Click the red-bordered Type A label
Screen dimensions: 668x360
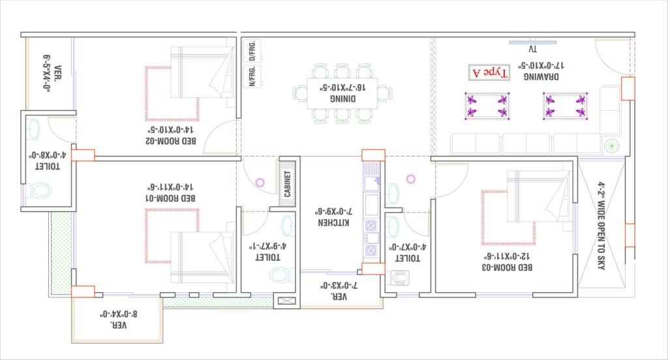[x=489, y=73]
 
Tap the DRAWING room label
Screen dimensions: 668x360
[x=541, y=77]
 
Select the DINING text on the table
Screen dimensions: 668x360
[x=342, y=99]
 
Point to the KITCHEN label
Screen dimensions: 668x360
[x=333, y=222]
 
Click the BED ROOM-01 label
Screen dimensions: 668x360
[x=170, y=198]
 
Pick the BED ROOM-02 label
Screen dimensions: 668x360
[x=171, y=141]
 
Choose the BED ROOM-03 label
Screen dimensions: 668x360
[x=507, y=267]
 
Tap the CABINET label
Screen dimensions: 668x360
[x=287, y=184]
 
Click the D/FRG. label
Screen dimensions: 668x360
[x=252, y=51]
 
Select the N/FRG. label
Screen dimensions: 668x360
[x=252, y=76]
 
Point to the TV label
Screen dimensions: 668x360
[x=532, y=50]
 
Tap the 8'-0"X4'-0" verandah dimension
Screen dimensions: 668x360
[x=119, y=314]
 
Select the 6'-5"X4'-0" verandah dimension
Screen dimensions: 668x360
[x=47, y=72]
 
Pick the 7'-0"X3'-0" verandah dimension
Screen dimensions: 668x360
[x=339, y=286]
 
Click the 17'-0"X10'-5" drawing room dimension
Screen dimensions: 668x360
[x=541, y=66]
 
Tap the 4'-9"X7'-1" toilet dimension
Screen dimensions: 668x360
[x=267, y=247]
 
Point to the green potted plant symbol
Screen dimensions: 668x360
[x=612, y=146]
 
